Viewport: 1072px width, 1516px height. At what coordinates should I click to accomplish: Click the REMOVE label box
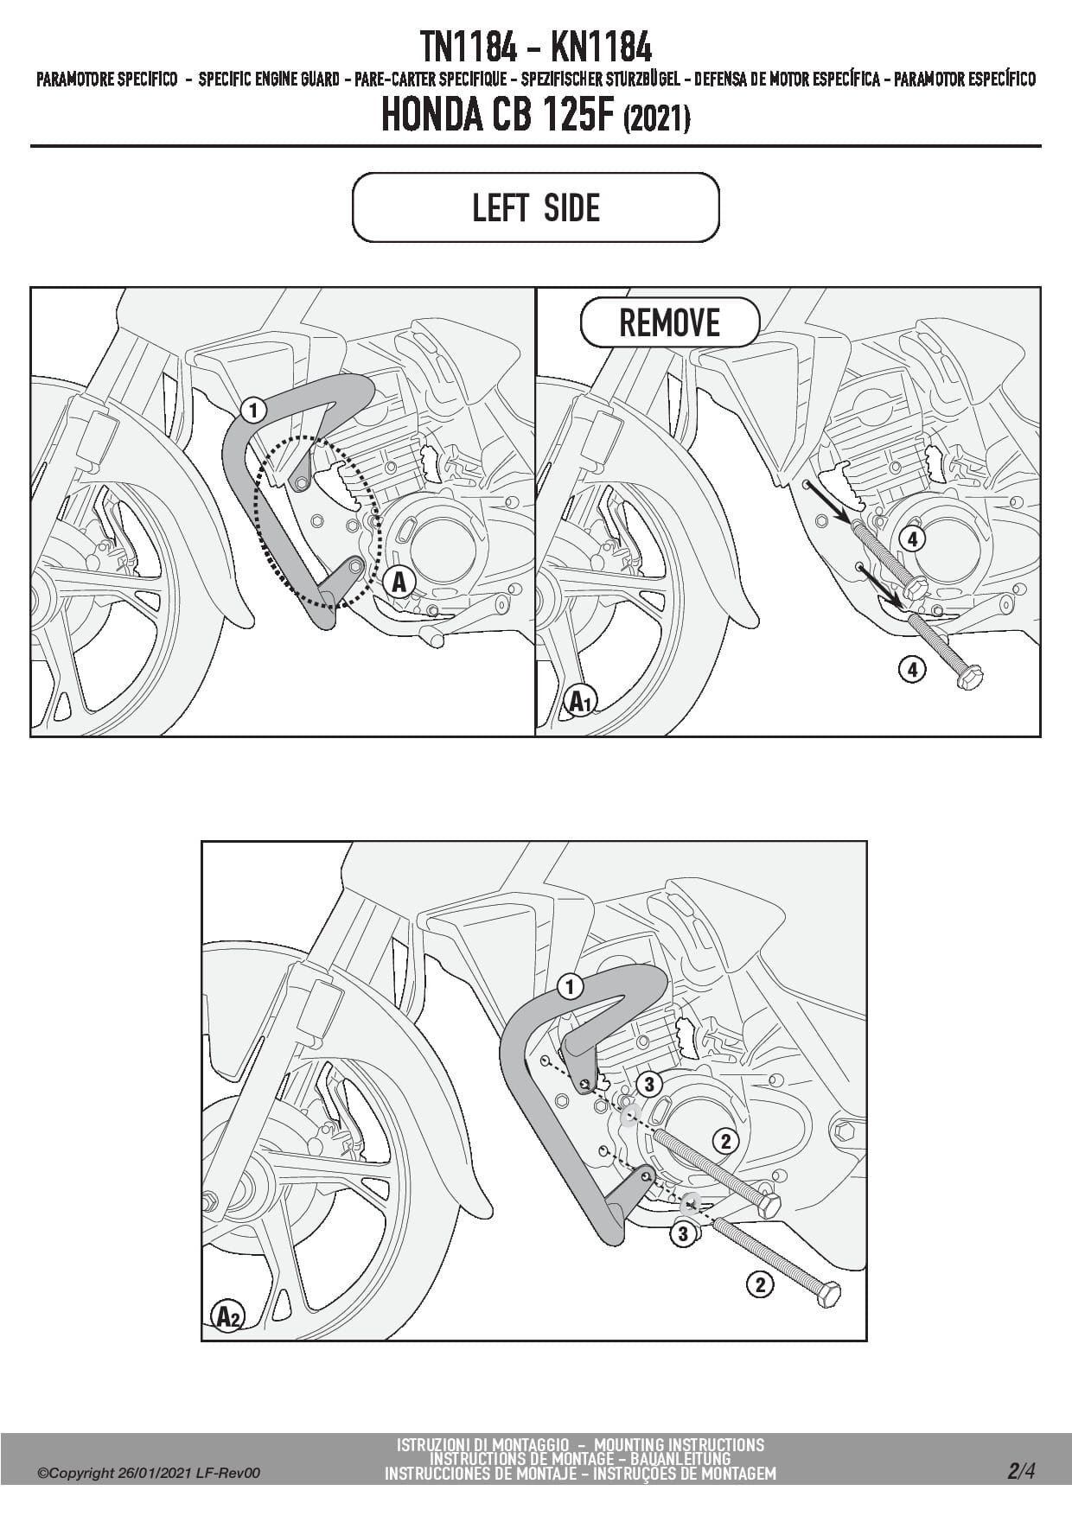click(x=669, y=323)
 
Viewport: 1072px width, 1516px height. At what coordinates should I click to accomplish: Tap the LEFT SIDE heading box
click(x=536, y=208)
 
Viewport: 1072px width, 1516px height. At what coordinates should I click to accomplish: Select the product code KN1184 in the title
click(x=600, y=47)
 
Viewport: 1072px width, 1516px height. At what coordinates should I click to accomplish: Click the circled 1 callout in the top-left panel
click(x=252, y=410)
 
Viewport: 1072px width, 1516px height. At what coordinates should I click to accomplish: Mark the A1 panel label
click(x=579, y=702)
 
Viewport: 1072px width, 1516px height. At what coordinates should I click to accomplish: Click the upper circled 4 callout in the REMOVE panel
click(x=912, y=539)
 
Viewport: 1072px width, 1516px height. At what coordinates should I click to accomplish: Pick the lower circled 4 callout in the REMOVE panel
click(x=912, y=668)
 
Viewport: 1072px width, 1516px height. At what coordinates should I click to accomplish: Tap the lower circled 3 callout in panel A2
click(x=683, y=1233)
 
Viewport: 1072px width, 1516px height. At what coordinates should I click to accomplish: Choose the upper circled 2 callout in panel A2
click(x=725, y=1141)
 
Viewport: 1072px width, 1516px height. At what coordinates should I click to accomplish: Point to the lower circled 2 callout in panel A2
click(x=759, y=1285)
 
